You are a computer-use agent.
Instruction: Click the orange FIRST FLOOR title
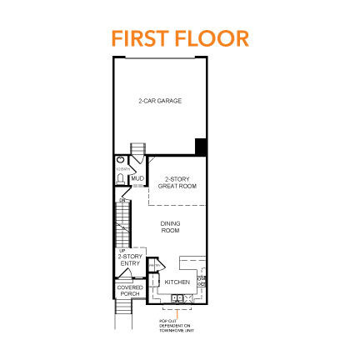tap(180, 38)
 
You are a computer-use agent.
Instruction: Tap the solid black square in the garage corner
tap(200, 147)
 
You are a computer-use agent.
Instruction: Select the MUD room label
tap(137, 178)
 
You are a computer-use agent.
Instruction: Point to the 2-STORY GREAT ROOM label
tap(175, 182)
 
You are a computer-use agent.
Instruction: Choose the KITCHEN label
tap(177, 282)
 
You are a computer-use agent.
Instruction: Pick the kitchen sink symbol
tap(177, 295)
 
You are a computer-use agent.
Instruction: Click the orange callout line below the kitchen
tap(176, 313)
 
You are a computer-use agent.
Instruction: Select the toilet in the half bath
tap(121, 160)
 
